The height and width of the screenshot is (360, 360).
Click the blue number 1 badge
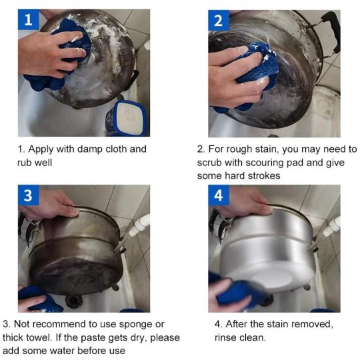[x=29, y=20]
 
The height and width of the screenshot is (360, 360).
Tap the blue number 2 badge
[x=219, y=21]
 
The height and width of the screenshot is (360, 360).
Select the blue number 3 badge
[x=29, y=195]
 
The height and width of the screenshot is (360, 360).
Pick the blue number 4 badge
[x=219, y=195]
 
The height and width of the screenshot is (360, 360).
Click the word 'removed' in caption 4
[x=313, y=325]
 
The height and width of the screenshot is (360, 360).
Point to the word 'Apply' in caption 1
[x=41, y=150]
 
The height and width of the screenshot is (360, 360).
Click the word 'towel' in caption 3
[x=40, y=337]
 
